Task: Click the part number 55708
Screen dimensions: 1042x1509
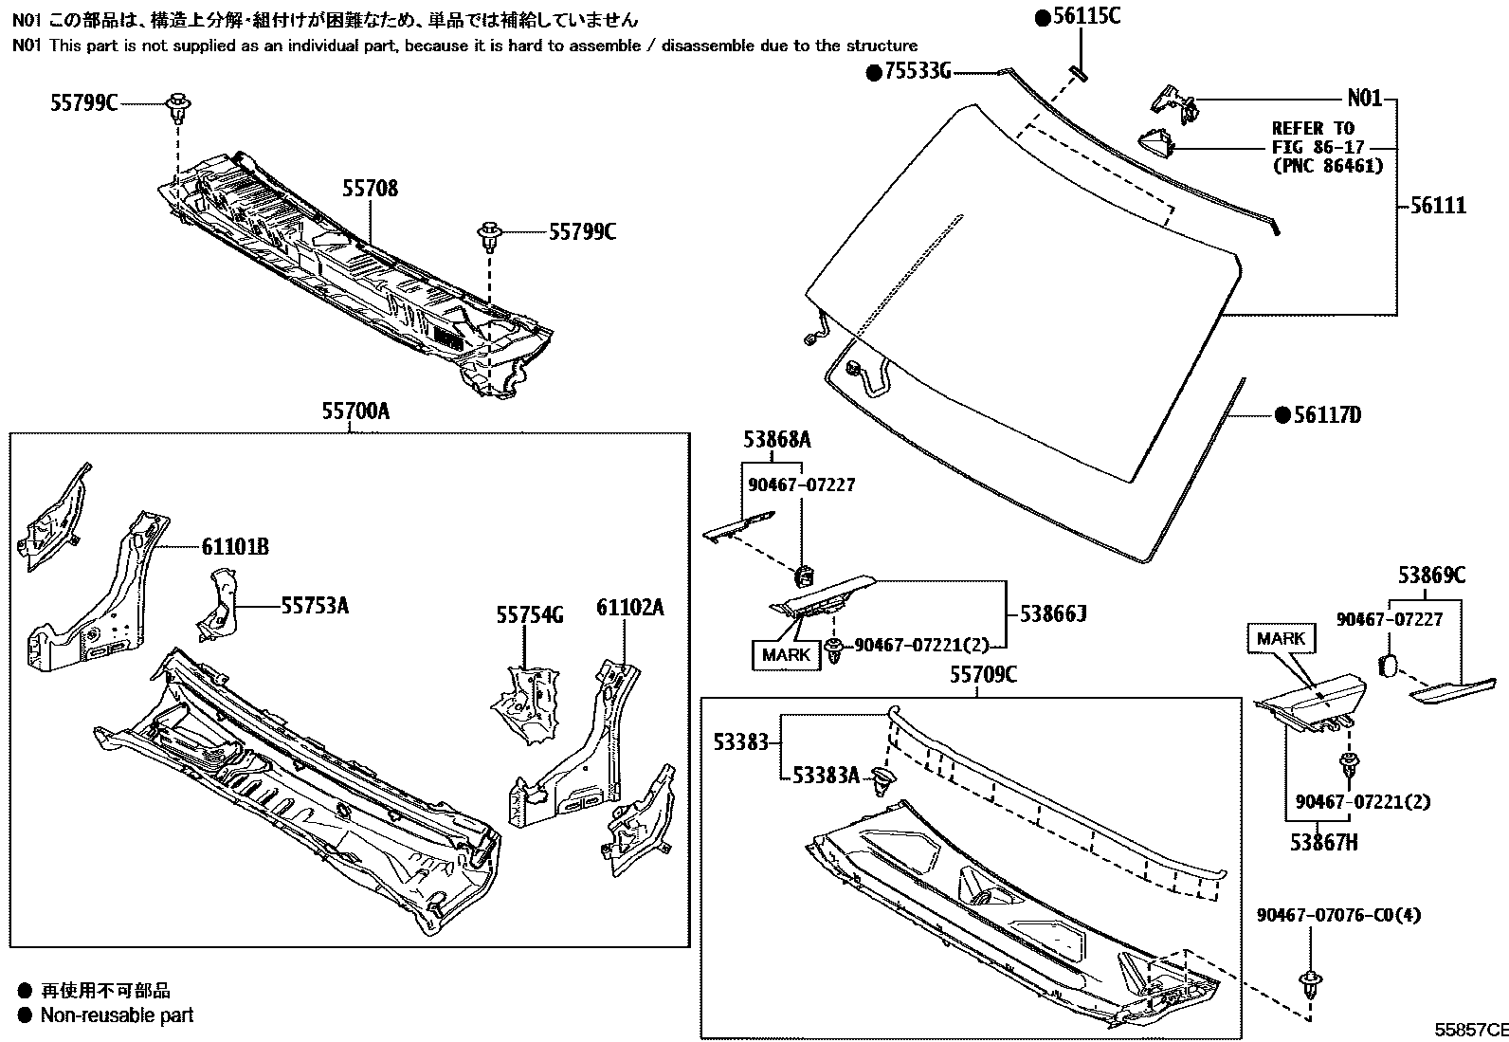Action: pyautogui.click(x=370, y=189)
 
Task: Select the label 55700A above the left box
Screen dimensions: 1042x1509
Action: pyautogui.click(x=355, y=411)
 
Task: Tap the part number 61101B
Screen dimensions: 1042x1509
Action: pyautogui.click(x=235, y=546)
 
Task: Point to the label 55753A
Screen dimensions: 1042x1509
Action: pyautogui.click(x=314, y=605)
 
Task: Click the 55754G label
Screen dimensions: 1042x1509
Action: pyautogui.click(x=529, y=615)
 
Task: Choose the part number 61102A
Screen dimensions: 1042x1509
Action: pyautogui.click(x=629, y=608)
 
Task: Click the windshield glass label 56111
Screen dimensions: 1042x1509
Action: pyautogui.click(x=1437, y=206)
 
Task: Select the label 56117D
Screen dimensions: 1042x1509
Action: pyautogui.click(x=1327, y=414)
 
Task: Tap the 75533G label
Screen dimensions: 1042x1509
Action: pyautogui.click(x=918, y=71)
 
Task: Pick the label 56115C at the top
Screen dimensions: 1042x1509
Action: pyautogui.click(x=1086, y=16)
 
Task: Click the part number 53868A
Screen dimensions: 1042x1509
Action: pyautogui.click(x=776, y=440)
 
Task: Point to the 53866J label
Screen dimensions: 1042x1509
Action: pyautogui.click(x=1052, y=614)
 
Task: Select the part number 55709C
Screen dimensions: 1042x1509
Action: pyautogui.click(x=983, y=674)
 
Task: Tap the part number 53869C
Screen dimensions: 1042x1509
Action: pyautogui.click(x=1431, y=575)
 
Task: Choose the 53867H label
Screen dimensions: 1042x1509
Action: pyautogui.click(x=1323, y=840)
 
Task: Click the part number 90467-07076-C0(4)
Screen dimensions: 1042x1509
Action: pyautogui.click(x=1338, y=915)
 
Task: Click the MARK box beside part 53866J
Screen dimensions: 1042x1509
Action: pyautogui.click(x=786, y=654)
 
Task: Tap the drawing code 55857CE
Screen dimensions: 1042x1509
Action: pyautogui.click(x=1469, y=1030)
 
